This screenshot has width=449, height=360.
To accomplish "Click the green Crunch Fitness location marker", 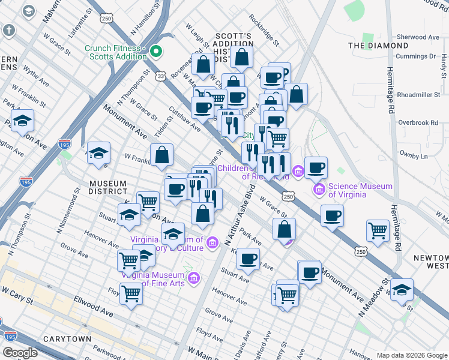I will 156,52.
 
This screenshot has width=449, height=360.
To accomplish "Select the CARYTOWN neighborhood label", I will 68,339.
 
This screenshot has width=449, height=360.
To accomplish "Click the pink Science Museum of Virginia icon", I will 319,190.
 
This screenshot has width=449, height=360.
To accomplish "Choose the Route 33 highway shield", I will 160,76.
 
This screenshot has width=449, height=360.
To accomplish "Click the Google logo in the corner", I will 20,353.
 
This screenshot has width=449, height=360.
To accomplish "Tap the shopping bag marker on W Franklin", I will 162,155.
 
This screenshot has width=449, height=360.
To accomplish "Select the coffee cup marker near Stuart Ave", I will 247,259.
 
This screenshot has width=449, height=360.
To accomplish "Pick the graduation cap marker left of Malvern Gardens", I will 22,121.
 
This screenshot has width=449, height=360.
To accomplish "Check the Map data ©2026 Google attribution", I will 411,355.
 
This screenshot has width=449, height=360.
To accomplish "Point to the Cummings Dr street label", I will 415,56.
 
